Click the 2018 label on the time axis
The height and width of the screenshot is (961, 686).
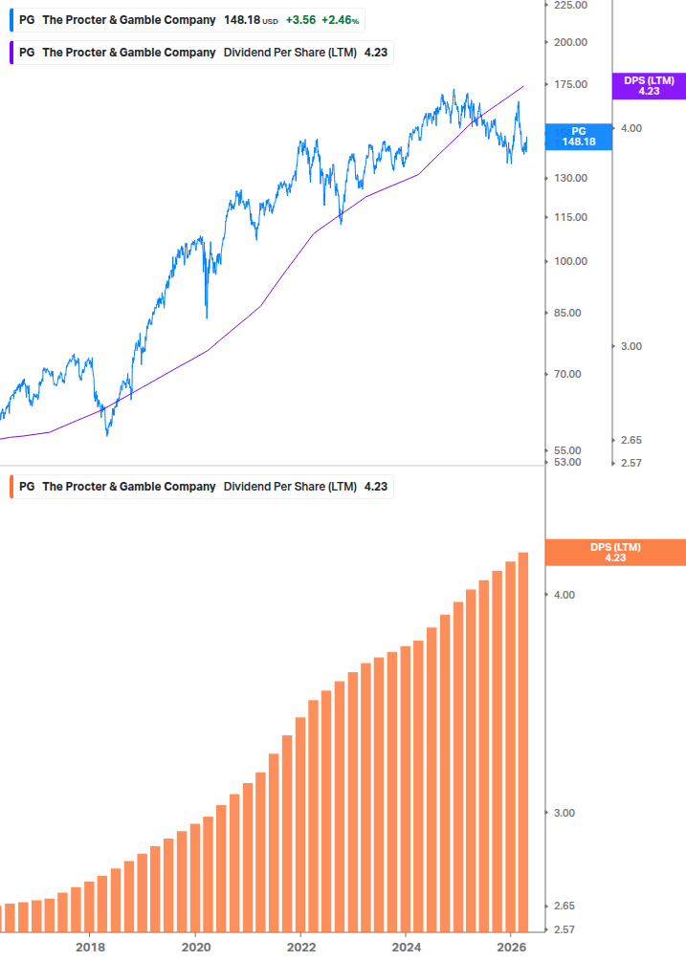click(x=90, y=948)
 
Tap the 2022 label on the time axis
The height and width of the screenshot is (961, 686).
click(x=300, y=948)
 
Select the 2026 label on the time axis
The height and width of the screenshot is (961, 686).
click(x=511, y=948)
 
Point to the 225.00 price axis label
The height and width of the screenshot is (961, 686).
click(x=569, y=5)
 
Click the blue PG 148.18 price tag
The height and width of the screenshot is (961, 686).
click(x=578, y=136)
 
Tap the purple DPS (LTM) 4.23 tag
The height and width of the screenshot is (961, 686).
click(x=649, y=86)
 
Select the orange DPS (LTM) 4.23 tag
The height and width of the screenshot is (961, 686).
click(x=614, y=552)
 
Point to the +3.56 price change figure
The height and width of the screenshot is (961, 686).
click(x=300, y=20)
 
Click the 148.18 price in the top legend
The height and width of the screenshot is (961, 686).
click(x=242, y=20)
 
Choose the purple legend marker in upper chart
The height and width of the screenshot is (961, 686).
click(x=11, y=53)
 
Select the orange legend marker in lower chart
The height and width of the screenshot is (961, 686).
click(x=11, y=487)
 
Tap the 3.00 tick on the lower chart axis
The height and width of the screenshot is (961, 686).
click(x=565, y=813)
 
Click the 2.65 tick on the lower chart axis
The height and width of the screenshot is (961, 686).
click(x=565, y=906)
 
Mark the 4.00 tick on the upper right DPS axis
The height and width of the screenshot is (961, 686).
click(x=631, y=128)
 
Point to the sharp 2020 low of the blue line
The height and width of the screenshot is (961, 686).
click(x=207, y=317)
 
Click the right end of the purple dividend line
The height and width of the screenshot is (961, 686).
click(x=523, y=87)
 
